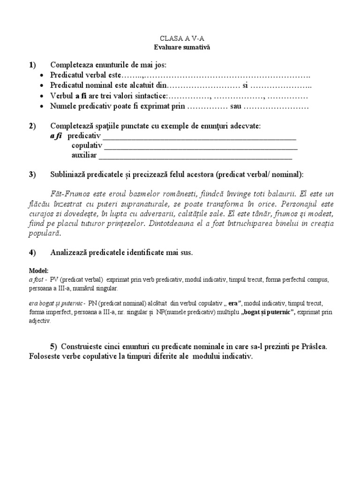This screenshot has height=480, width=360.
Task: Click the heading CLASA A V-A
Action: (180, 40)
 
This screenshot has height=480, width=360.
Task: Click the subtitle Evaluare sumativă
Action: (180, 48)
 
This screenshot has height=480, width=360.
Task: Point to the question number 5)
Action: (55, 346)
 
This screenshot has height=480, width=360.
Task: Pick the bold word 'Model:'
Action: (38, 271)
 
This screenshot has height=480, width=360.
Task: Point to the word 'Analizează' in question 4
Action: (70, 253)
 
